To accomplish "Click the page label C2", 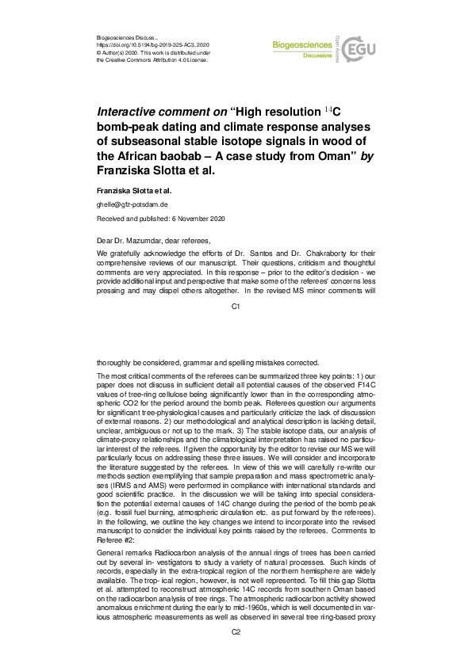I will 236,632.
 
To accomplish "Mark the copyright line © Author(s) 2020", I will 117,52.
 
